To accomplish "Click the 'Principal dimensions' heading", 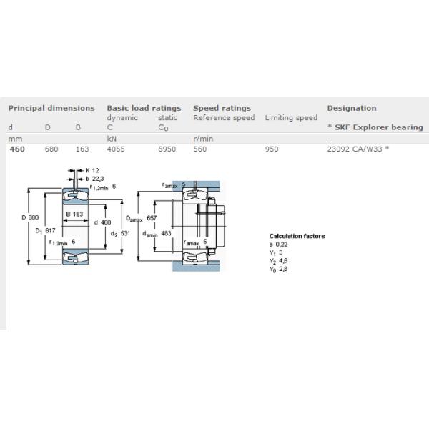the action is click(x=51, y=109).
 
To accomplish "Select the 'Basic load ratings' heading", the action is click(x=144, y=109).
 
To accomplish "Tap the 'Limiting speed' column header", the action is click(x=291, y=118).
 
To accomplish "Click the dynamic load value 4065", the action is click(x=116, y=149).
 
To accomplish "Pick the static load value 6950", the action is click(x=167, y=149).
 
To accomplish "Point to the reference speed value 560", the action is click(x=200, y=149).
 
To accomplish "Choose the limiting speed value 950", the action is click(x=272, y=149).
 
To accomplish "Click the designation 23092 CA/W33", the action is click(x=355, y=149).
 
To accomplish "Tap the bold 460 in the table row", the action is click(x=17, y=149).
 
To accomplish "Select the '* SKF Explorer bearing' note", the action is click(x=375, y=127).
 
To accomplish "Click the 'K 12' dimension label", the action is click(x=92, y=170).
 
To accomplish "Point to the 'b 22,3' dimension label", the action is click(x=94, y=179).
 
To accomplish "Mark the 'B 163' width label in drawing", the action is click(x=74, y=214).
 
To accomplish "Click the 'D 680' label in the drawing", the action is click(x=30, y=217).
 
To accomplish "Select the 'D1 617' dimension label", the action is click(x=46, y=231).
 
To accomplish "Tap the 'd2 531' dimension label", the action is click(x=120, y=234).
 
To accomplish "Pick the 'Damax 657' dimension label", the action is click(x=141, y=218).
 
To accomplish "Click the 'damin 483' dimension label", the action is click(x=157, y=234).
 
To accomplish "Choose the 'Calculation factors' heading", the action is click(x=297, y=236).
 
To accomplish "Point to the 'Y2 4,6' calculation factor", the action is click(x=278, y=261).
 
